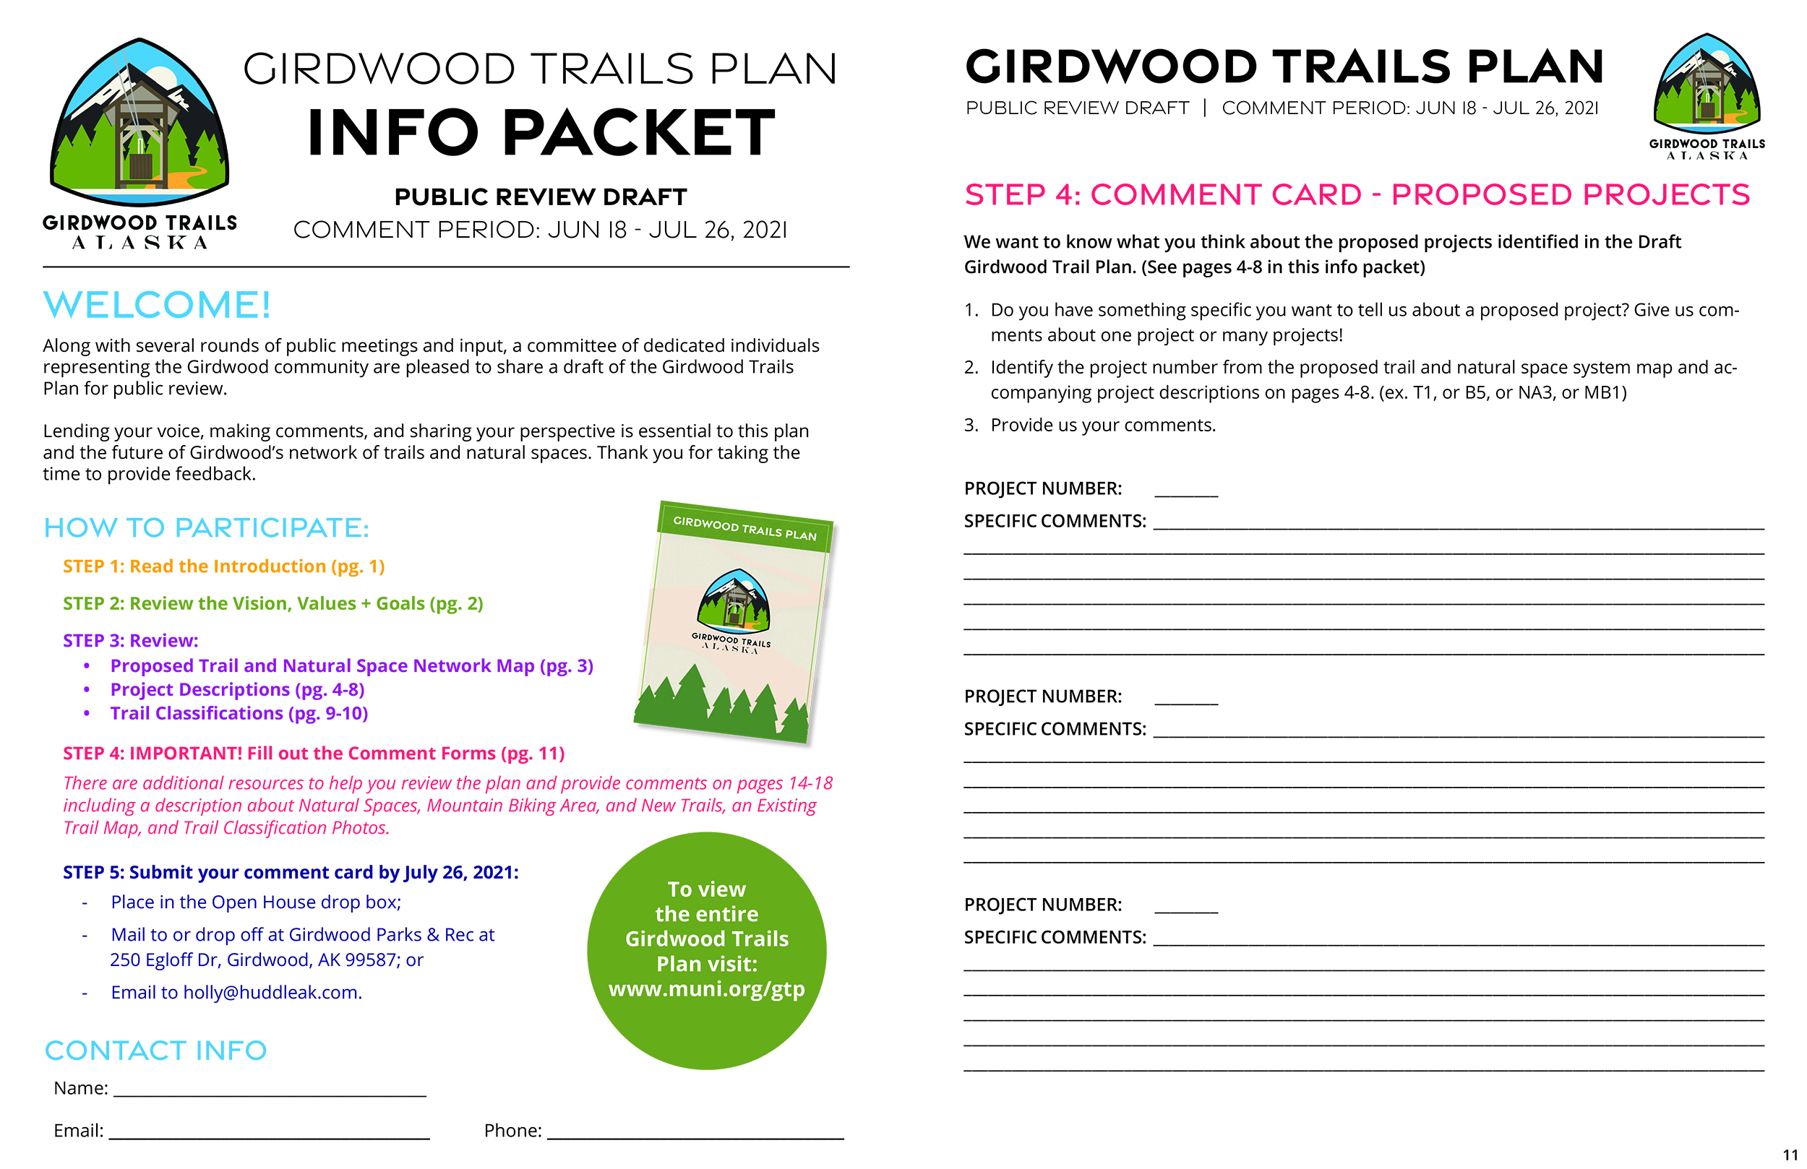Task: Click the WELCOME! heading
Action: pyautogui.click(x=156, y=305)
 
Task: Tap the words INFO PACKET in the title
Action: pyautogui.click(x=541, y=134)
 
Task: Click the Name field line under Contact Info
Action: pyautogui.click(x=270, y=1090)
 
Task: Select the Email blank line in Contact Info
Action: pyautogui.click(x=270, y=1133)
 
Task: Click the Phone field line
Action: pyautogui.click(x=695, y=1133)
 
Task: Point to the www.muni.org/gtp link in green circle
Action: pyautogui.click(x=706, y=989)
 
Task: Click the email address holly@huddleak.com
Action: pyautogui.click(x=272, y=993)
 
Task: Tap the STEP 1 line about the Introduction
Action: pyautogui.click(x=224, y=566)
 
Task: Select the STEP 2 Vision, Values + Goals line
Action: pyautogui.click(x=272, y=603)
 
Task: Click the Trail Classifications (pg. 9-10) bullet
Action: pyautogui.click(x=239, y=714)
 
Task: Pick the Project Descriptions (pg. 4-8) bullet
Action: pyautogui.click(x=237, y=690)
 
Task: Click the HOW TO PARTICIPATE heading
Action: pyautogui.click(x=206, y=528)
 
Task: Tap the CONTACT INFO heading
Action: pyautogui.click(x=155, y=1051)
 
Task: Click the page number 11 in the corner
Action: pyautogui.click(x=1790, y=1155)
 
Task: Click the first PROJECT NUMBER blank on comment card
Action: pyautogui.click(x=1186, y=491)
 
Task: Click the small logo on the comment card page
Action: pyautogui.click(x=1707, y=95)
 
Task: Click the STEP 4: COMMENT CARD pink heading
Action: pyautogui.click(x=1357, y=195)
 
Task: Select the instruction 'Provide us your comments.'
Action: pyautogui.click(x=1102, y=425)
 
